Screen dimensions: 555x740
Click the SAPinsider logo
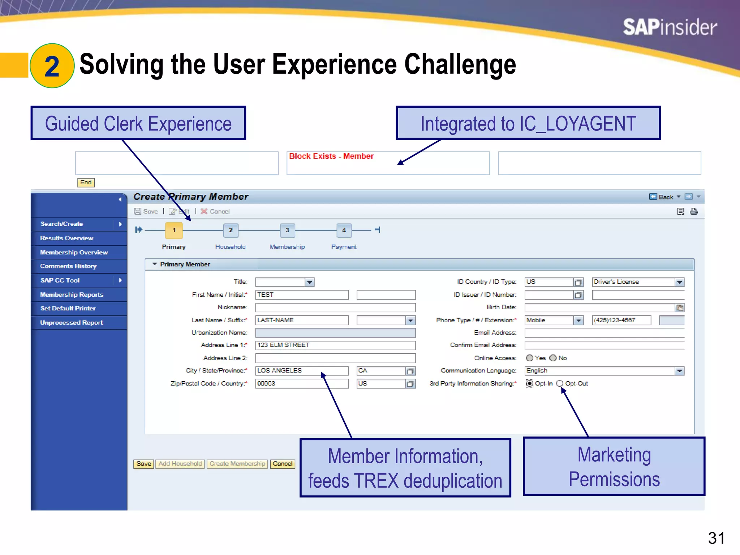click(x=670, y=27)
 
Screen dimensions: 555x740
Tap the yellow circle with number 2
click(x=52, y=66)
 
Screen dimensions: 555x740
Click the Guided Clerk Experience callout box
click(x=138, y=123)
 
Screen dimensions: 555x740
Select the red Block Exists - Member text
click(x=331, y=156)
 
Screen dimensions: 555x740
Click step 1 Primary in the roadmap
click(x=174, y=230)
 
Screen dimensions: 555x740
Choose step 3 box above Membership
click(x=287, y=230)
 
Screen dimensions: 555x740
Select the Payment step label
click(x=344, y=247)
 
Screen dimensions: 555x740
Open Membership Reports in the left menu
click(x=72, y=294)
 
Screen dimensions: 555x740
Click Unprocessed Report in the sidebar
click(x=71, y=323)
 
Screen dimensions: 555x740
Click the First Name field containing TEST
click(x=302, y=295)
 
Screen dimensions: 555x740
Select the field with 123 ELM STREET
click(x=335, y=345)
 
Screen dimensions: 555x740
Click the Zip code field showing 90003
click(x=302, y=383)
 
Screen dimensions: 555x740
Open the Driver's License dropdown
click(x=679, y=282)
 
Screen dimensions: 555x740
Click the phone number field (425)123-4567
click(x=621, y=320)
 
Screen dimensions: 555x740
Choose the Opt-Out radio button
click(x=560, y=383)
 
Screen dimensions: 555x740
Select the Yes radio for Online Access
click(x=530, y=358)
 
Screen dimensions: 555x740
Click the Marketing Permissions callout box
click(x=614, y=466)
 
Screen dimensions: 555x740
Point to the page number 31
click(x=716, y=538)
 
